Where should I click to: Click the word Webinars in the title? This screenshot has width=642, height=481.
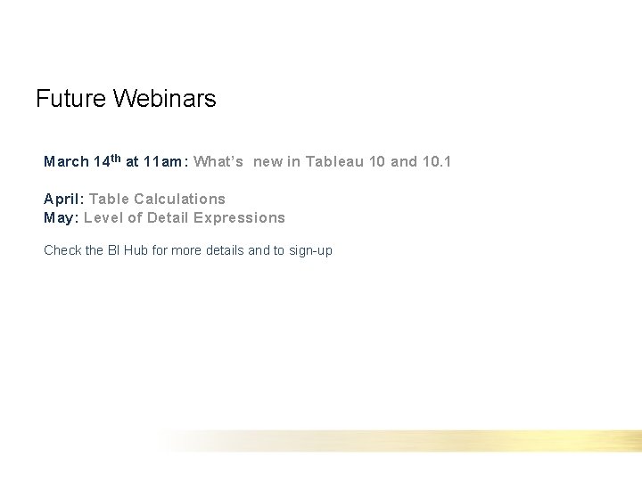pos(164,98)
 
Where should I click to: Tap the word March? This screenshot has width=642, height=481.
pos(66,162)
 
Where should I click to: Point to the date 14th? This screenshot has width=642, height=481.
pos(107,161)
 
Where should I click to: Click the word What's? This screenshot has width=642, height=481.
pos(218,162)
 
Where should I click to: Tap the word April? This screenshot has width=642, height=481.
pos(62,199)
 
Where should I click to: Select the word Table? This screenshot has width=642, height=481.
pos(109,199)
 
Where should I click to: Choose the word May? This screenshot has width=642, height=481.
pos(60,217)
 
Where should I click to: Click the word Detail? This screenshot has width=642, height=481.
pos(168,217)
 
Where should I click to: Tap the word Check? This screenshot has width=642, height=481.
pos(62,250)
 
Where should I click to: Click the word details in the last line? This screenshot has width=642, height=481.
pos(223,250)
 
